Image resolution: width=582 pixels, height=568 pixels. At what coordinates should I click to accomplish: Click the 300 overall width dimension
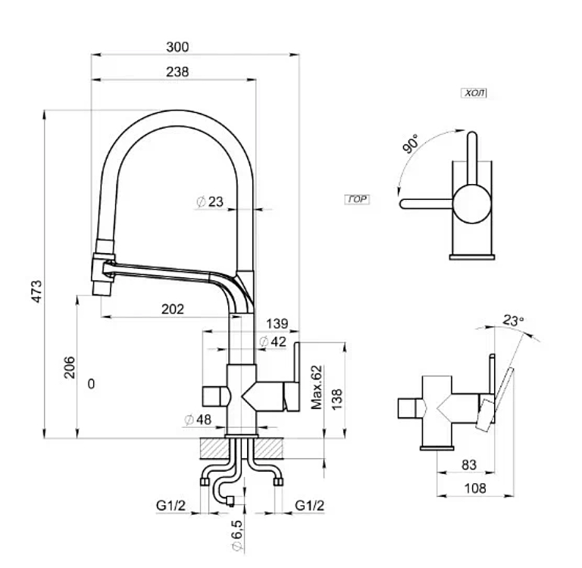coord(177,47)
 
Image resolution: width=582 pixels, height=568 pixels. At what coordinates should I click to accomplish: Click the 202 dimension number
coord(174,308)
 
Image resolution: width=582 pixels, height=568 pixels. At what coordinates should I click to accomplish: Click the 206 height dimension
coord(68,367)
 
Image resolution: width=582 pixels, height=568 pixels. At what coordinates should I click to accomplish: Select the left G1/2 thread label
coord(171,505)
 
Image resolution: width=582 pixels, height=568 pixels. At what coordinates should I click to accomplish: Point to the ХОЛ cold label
coord(474,93)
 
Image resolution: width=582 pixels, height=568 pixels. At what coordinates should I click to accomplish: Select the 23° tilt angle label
coord(513,321)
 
